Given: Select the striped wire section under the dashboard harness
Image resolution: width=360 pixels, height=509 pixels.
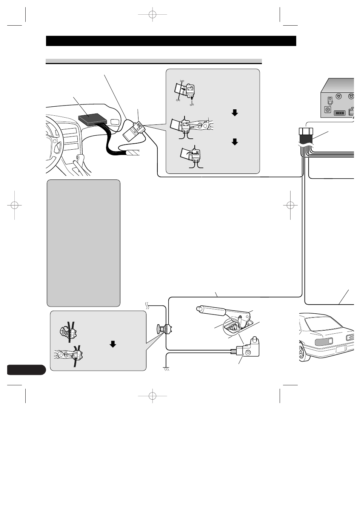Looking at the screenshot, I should [x=132, y=153].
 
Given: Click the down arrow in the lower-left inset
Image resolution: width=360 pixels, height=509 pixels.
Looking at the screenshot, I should [x=112, y=344].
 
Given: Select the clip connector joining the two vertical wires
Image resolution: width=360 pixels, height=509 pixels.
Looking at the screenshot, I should [x=165, y=330].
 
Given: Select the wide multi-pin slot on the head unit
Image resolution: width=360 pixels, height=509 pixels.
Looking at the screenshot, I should [x=340, y=112].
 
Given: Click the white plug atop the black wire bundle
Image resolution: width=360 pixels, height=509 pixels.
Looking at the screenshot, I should [x=306, y=132].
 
